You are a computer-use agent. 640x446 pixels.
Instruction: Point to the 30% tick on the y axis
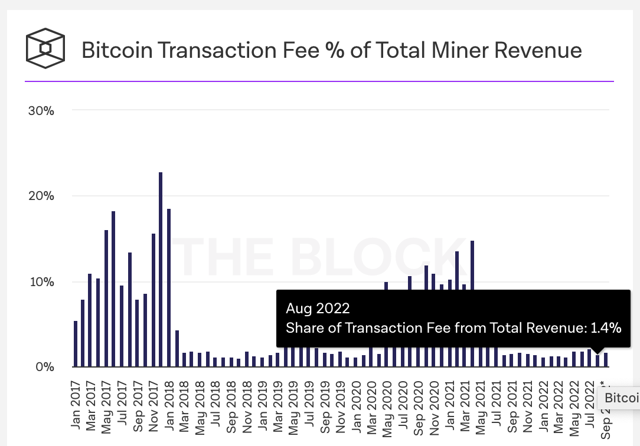[x=41, y=110]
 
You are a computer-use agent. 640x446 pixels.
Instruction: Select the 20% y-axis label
[x=41, y=196]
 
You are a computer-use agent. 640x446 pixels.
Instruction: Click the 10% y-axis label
[x=41, y=281]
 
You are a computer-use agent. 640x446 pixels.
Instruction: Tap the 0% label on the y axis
[x=44, y=367]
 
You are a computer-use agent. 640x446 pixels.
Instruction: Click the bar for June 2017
[x=113, y=289]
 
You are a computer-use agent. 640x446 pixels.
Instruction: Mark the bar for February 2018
[x=177, y=349]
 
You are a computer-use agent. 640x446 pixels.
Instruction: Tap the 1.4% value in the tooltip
[x=606, y=328]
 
